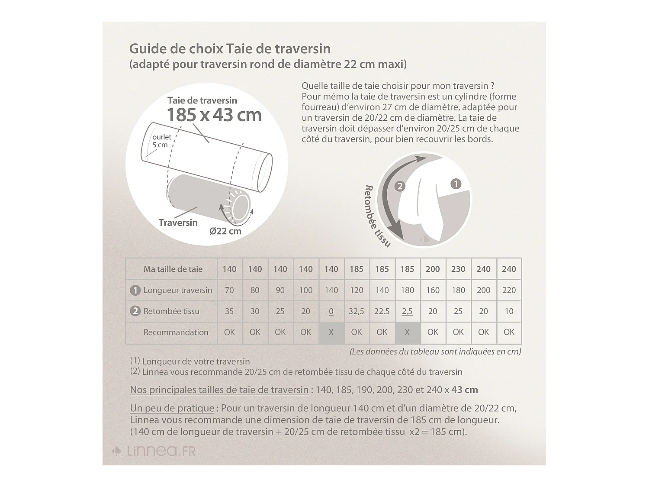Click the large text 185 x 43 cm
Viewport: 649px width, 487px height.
(x=214, y=115)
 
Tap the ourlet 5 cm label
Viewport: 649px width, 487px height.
(x=161, y=141)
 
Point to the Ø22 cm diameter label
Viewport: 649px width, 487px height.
(x=225, y=231)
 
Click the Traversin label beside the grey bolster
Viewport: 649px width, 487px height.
(x=178, y=223)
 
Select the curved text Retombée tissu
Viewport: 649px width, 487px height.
(x=377, y=216)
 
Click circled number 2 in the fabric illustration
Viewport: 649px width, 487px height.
(x=400, y=186)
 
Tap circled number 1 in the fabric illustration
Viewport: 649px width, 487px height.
(x=456, y=184)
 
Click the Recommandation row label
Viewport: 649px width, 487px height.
(x=176, y=332)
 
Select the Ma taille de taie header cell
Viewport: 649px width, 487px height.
(x=173, y=269)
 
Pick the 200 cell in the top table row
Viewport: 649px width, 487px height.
(x=433, y=269)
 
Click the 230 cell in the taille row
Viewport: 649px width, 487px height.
(x=458, y=269)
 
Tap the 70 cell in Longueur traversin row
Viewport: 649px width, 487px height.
(x=229, y=290)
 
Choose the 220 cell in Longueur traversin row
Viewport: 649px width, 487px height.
(x=509, y=290)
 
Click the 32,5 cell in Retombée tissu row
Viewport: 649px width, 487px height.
(x=357, y=311)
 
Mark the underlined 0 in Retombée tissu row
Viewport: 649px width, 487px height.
(x=331, y=311)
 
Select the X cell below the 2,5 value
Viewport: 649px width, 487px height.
(x=407, y=332)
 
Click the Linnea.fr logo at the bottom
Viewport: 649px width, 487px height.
(x=154, y=451)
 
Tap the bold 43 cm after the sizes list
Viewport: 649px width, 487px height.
(x=465, y=390)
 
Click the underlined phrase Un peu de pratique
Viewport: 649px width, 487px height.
(x=172, y=408)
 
